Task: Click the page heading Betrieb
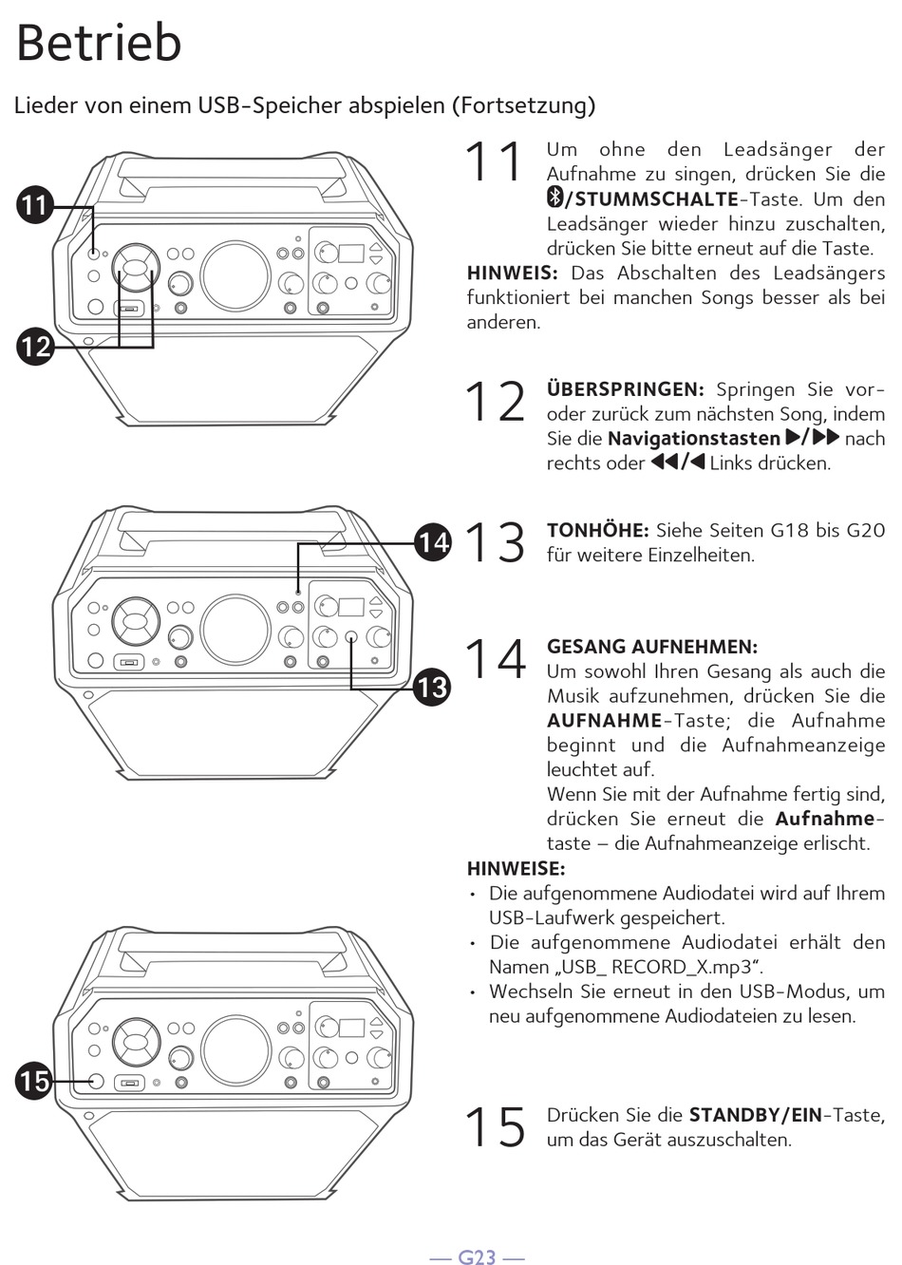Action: (99, 43)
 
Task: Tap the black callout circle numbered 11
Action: (35, 206)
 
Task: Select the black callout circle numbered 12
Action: (35, 346)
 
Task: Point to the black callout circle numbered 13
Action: (433, 686)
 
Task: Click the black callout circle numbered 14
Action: (433, 542)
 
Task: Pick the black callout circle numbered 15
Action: (34, 1080)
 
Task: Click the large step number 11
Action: (494, 161)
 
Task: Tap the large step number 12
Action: (495, 402)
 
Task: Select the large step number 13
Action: (495, 542)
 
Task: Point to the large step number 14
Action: (495, 659)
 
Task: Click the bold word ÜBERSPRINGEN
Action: (625, 389)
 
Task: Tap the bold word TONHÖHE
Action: (597, 530)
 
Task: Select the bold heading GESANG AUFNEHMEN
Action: (651, 647)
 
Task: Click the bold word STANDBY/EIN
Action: (755, 1115)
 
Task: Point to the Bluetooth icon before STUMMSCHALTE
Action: (554, 198)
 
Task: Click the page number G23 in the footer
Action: (477, 1257)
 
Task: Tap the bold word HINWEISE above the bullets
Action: (516, 868)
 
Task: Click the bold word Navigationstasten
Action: (693, 439)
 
